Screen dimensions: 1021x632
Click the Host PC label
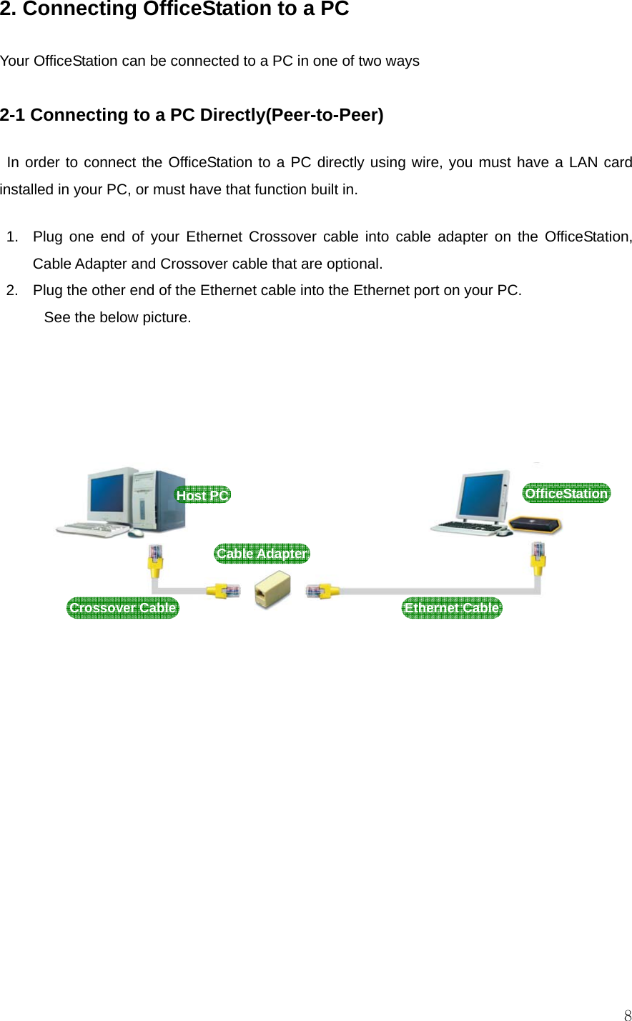coord(203,495)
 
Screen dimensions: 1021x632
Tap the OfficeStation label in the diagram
coord(566,494)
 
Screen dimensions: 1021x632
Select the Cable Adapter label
coord(262,554)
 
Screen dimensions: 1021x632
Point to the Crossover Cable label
coord(122,608)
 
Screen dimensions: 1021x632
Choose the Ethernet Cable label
coord(452,608)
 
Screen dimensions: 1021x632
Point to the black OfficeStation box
coord(535,524)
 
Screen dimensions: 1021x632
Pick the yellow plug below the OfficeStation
coord(538,557)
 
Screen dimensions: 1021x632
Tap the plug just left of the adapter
coord(224,591)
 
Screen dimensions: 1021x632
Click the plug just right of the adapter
coord(322,591)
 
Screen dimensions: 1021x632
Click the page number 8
coord(627,1015)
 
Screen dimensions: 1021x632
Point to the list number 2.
coord(12,290)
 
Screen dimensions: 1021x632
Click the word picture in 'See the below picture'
coord(166,317)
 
